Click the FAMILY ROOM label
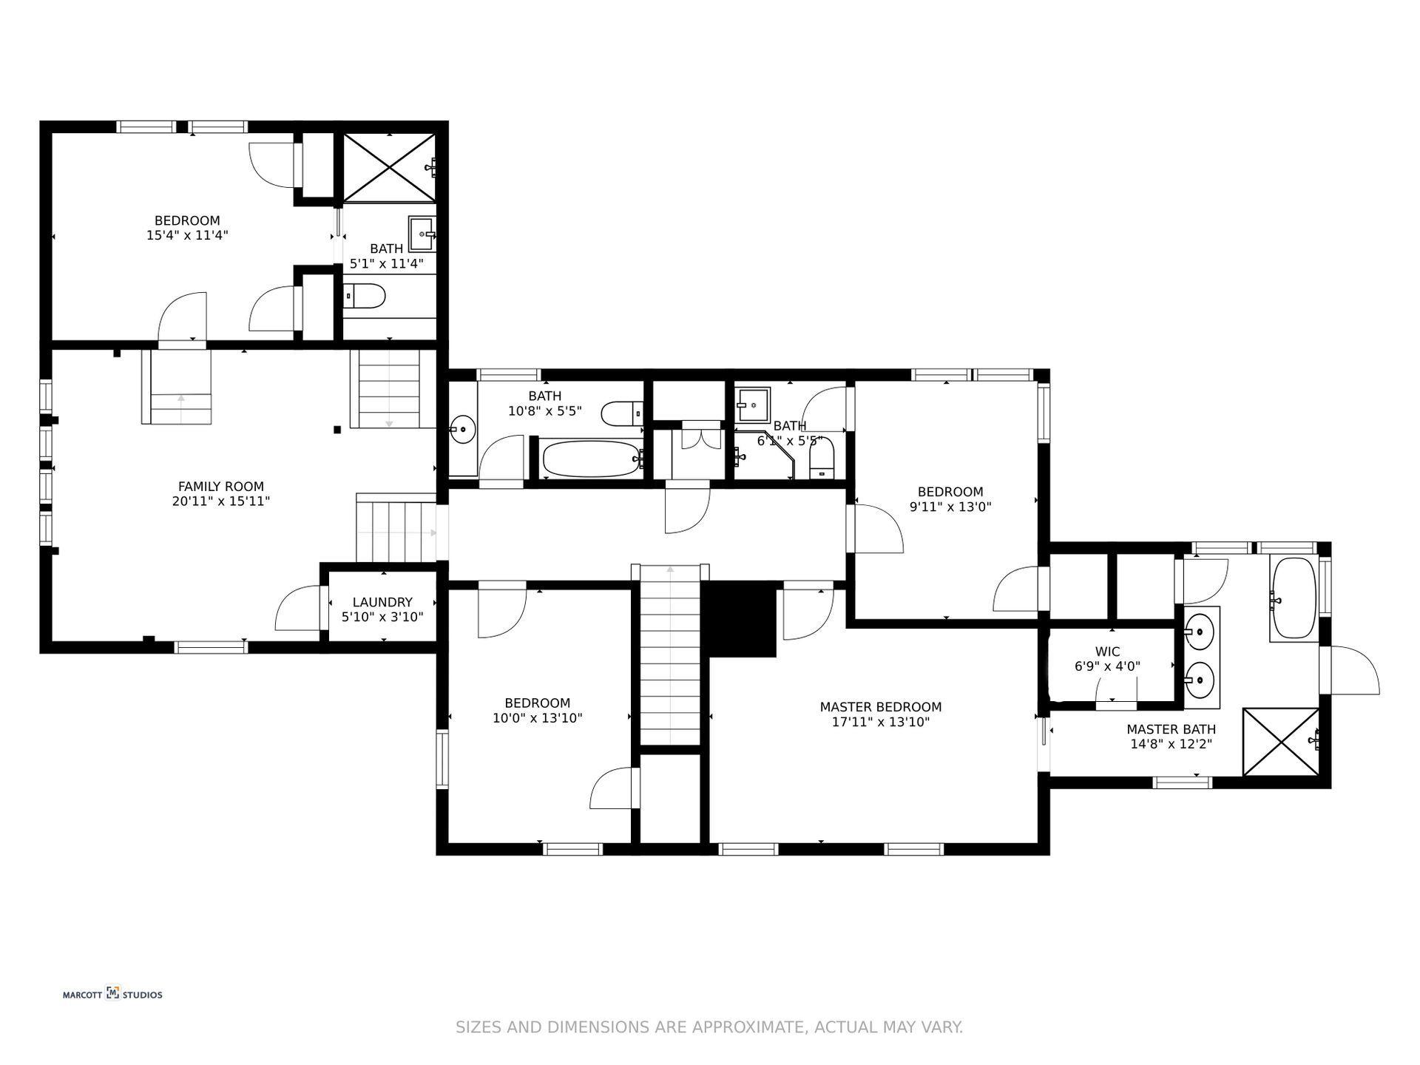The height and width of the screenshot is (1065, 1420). [220, 487]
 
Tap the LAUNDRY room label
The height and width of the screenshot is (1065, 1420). [382, 603]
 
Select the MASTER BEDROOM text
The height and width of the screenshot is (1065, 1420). [880, 707]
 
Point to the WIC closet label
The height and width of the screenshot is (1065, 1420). [1107, 652]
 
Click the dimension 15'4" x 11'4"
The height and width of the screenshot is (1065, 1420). [187, 235]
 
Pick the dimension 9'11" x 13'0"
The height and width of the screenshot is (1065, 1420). [950, 507]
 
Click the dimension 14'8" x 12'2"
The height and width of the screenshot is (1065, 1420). [1171, 745]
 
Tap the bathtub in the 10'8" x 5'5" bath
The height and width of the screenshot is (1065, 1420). [590, 459]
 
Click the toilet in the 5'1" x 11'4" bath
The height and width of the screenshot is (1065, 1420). [364, 297]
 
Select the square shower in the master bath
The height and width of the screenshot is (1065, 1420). [1280, 742]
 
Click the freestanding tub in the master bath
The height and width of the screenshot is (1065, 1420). [1293, 599]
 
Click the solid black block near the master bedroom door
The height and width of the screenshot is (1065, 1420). [739, 619]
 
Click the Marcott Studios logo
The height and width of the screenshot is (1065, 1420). [112, 994]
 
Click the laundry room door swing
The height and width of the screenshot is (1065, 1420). [300, 608]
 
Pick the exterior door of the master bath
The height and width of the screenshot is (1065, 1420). [1352, 670]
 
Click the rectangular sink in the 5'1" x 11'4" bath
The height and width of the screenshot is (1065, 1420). [422, 234]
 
